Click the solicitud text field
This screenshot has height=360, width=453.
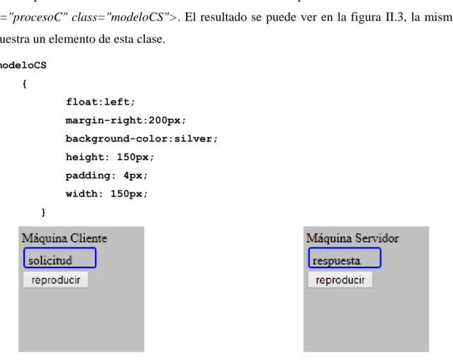click(x=59, y=257)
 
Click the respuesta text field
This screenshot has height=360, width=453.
click(x=345, y=257)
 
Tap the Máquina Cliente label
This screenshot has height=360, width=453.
click(x=64, y=238)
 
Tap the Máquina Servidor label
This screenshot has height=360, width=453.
click(x=352, y=238)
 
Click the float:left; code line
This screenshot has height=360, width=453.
click(x=101, y=102)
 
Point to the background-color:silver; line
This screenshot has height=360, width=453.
click(x=142, y=139)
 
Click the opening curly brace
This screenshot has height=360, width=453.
click(x=25, y=84)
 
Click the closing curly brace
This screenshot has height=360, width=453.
click(x=44, y=212)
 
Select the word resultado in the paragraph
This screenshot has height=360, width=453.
click(x=224, y=17)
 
